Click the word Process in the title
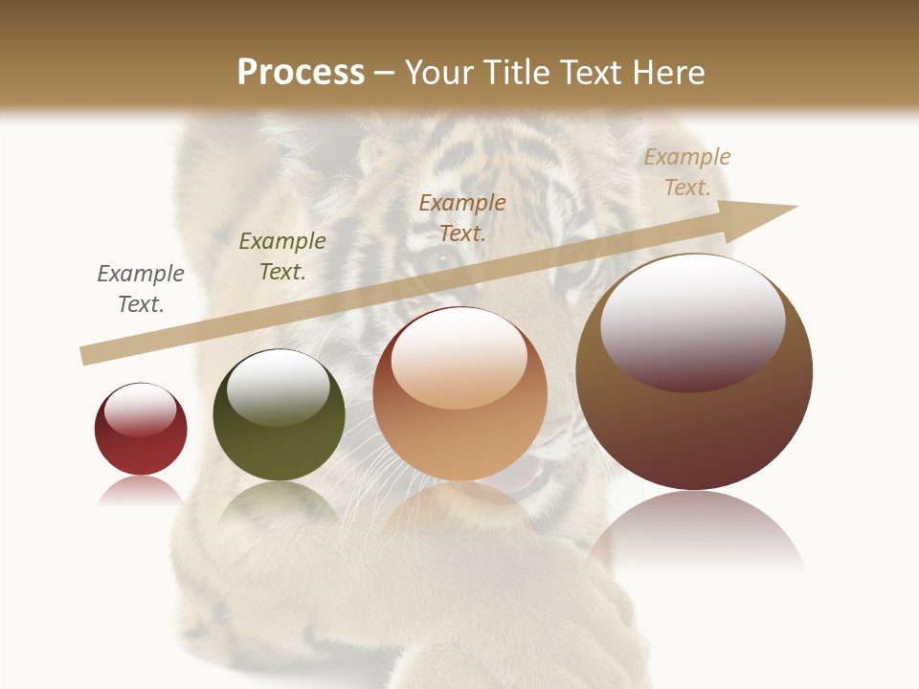pyautogui.click(x=301, y=73)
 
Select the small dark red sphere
pyautogui.click(x=141, y=430)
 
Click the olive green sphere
pyautogui.click(x=279, y=416)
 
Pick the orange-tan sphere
pyautogui.click(x=459, y=394)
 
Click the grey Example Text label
pyautogui.click(x=141, y=289)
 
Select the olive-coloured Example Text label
pyautogui.click(x=282, y=256)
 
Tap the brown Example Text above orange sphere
pyautogui.click(x=462, y=218)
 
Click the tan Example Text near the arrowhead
pyautogui.click(x=687, y=172)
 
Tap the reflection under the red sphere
pyautogui.click(x=141, y=490)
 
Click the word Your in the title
pyautogui.click(x=437, y=73)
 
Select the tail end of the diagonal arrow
pyautogui.click(x=88, y=354)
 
